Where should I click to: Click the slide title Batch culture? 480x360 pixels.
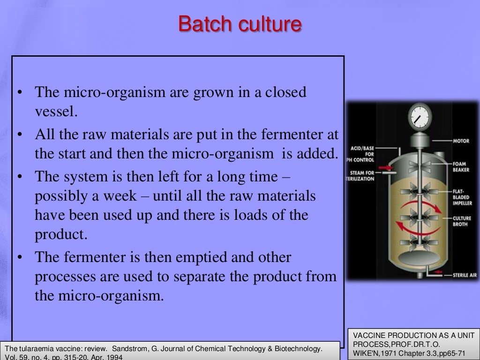coord(240,24)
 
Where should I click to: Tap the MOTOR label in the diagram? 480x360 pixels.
coord(461,141)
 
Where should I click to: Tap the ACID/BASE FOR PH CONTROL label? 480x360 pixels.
coord(362,154)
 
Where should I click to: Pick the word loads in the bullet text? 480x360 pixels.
coord(264,216)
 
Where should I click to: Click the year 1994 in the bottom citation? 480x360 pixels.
coord(113,357)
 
